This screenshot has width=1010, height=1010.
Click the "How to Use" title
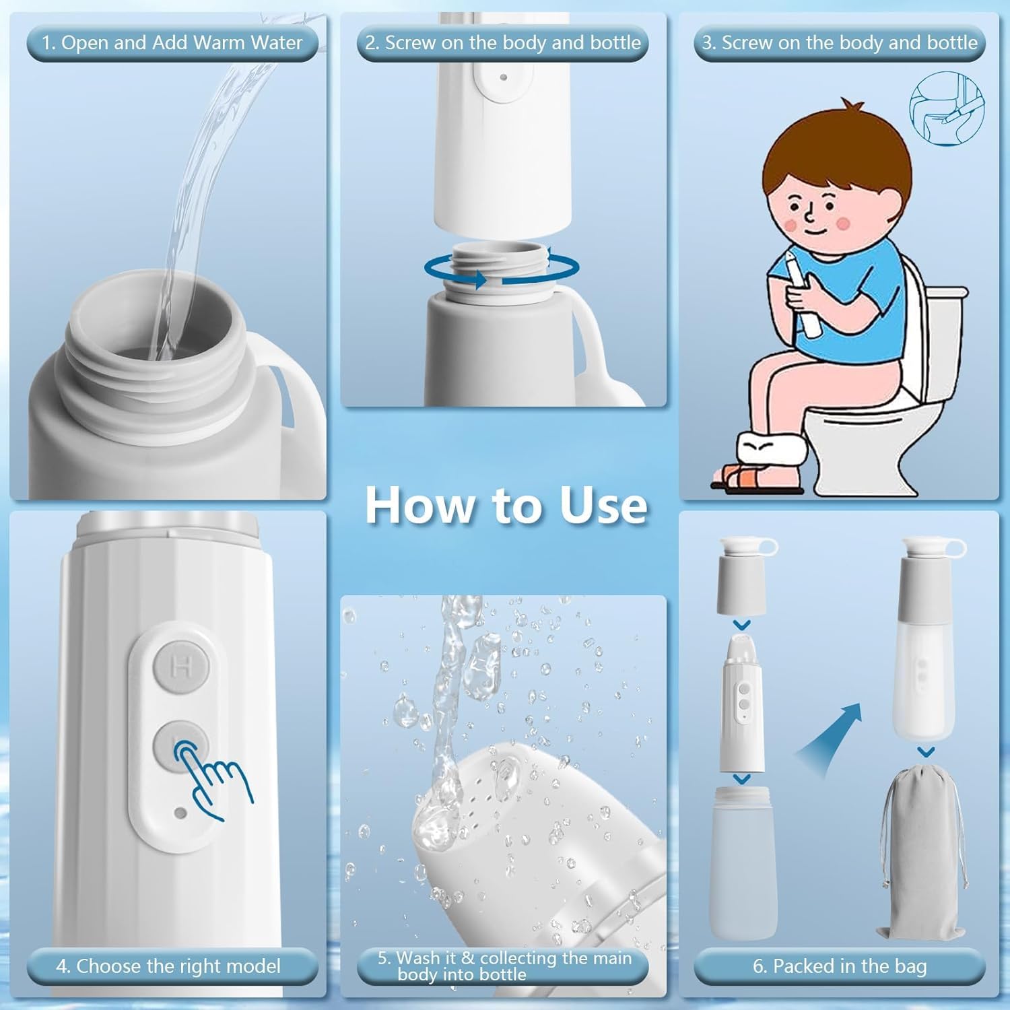point(506,504)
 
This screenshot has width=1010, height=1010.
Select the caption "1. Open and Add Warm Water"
point(172,43)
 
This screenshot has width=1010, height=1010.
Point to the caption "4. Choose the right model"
point(168,966)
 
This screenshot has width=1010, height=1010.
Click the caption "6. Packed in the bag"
point(840,966)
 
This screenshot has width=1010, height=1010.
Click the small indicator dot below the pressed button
point(180,813)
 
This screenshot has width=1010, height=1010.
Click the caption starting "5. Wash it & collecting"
point(504,966)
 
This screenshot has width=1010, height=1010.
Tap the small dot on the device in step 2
point(503,77)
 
